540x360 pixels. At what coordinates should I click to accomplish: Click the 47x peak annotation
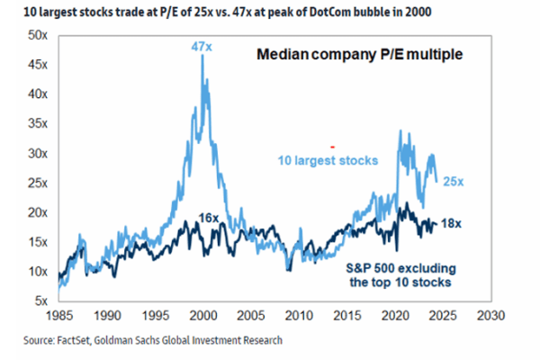click(x=202, y=45)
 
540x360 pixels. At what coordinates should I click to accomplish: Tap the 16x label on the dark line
click(x=207, y=219)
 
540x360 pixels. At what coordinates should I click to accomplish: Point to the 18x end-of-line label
click(x=454, y=223)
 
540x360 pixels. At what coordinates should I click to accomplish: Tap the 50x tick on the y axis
click(x=35, y=34)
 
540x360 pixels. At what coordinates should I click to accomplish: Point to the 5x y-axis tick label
click(x=38, y=301)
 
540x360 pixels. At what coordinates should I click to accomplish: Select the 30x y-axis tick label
click(x=35, y=153)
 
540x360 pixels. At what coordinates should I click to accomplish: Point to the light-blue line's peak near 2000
click(x=202, y=56)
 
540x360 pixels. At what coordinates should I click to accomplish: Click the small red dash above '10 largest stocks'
click(x=332, y=146)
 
